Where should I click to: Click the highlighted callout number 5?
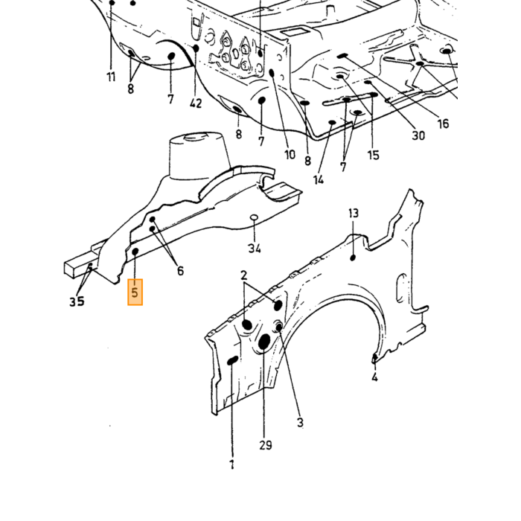tap(135, 292)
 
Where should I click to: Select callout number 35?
tap(77, 301)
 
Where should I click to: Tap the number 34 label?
tap(255, 248)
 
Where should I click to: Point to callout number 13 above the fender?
tap(354, 213)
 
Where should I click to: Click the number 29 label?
tap(266, 445)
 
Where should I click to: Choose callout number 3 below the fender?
tap(300, 423)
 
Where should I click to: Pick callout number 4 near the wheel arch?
tap(374, 377)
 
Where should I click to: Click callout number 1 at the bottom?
tap(232, 464)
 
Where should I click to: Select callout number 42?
tap(196, 103)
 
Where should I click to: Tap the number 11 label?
tap(111, 77)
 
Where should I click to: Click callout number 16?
tap(444, 124)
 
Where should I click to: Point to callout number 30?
tap(418, 135)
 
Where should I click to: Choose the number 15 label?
tap(373, 155)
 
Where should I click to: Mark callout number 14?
tap(318, 180)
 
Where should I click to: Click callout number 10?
tap(290, 155)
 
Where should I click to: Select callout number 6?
tap(180, 271)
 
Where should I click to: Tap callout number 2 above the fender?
tap(244, 275)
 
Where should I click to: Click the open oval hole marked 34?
tap(254, 217)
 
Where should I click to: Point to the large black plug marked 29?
tap(264, 342)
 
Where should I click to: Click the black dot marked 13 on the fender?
tap(353, 258)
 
